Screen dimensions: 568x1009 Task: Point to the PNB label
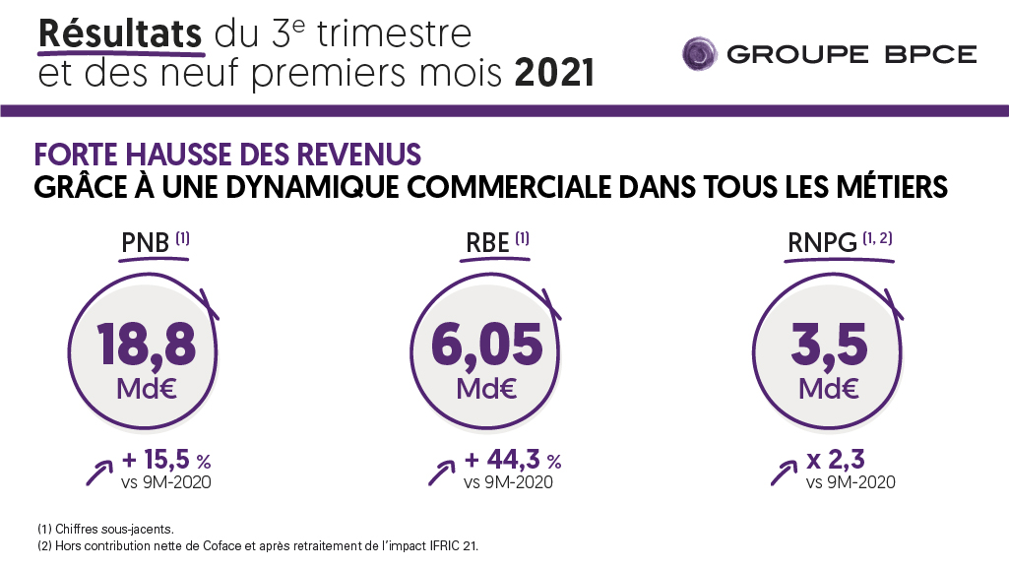[144, 244]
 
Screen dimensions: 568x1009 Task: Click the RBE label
[486, 244]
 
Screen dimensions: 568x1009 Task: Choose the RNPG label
[823, 244]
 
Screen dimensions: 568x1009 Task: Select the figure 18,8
[146, 344]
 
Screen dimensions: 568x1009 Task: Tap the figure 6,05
[488, 344]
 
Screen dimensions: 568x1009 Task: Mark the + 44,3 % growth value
[512, 461]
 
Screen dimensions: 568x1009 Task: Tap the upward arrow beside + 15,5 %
[100, 472]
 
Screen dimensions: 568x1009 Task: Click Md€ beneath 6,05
[487, 389]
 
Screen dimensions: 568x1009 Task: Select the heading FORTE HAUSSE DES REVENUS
[227, 156]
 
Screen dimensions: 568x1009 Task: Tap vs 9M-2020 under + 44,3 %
[508, 482]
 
